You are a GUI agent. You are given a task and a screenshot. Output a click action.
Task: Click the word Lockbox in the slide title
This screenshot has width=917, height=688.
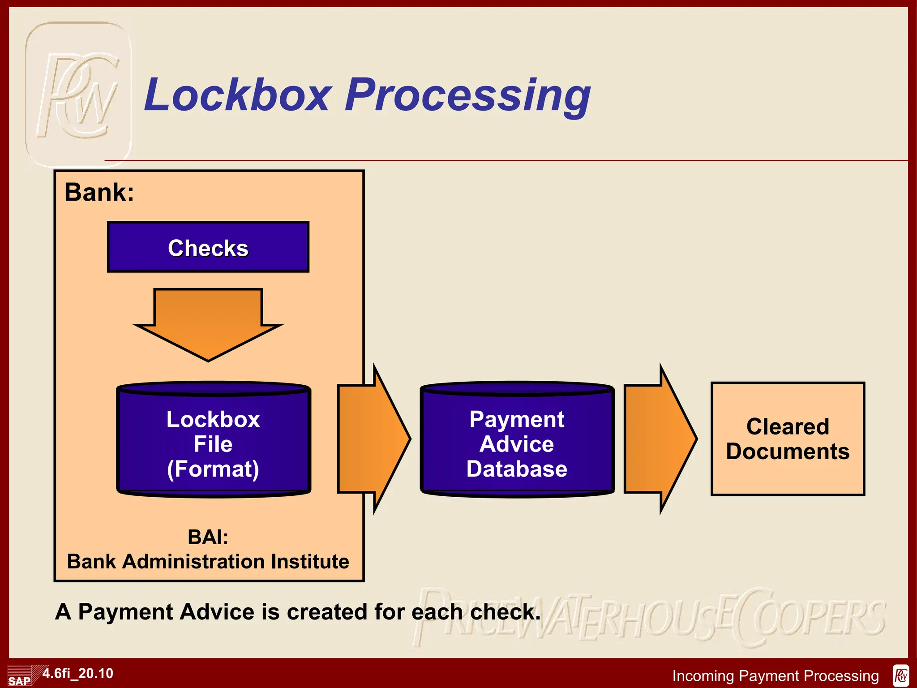coord(237,95)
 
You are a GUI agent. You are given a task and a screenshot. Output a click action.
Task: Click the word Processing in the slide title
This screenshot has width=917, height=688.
coord(468,95)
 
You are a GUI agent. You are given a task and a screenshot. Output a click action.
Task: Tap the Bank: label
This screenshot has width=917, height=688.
coord(99,193)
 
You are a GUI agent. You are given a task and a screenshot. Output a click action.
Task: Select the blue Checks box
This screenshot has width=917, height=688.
coord(208,247)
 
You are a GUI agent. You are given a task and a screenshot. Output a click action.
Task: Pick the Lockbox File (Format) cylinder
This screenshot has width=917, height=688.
coord(213,443)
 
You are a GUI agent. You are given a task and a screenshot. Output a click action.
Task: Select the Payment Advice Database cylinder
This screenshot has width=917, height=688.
coord(517,443)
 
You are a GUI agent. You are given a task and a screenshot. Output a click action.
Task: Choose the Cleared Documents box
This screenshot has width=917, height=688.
coord(788,439)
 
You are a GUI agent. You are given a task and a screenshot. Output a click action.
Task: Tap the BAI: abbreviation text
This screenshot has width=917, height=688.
coord(208,537)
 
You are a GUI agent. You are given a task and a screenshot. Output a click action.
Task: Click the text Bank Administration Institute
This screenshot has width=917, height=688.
coord(208,562)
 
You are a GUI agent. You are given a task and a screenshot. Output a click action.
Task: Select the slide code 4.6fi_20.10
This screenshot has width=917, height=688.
coord(78,673)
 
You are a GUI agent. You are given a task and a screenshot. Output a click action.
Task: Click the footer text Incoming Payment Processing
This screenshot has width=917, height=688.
coord(776,675)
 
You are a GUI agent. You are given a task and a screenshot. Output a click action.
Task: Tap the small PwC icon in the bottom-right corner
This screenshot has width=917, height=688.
coord(901,675)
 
